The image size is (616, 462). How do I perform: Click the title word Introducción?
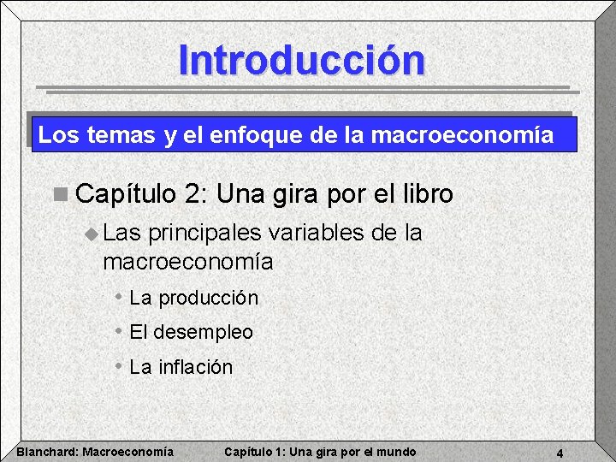click(x=301, y=61)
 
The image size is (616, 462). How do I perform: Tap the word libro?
click(x=424, y=194)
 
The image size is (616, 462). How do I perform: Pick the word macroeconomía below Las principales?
click(x=187, y=262)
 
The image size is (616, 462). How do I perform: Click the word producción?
click(x=208, y=299)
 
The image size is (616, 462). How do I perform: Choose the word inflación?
click(x=195, y=367)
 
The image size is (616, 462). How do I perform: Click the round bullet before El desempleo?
click(x=118, y=330)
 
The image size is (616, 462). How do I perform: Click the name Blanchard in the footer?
click(x=48, y=452)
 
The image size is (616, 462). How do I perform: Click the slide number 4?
click(x=559, y=453)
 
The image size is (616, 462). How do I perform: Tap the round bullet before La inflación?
click(x=118, y=365)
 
